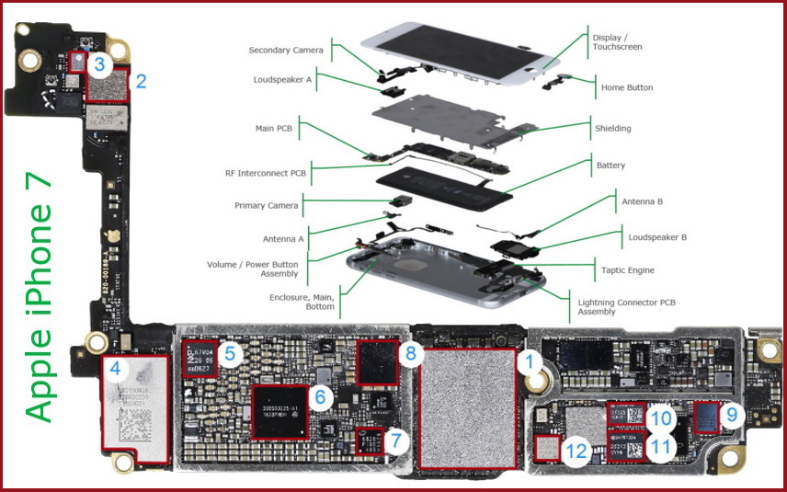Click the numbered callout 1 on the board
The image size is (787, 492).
tap(529, 361)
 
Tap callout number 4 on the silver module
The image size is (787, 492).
tap(115, 370)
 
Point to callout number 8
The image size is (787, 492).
tap(410, 351)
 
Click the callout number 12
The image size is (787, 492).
tap(576, 451)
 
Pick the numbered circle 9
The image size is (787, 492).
tap(731, 415)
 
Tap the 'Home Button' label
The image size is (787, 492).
tap(627, 87)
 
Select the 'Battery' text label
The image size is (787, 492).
tap(610, 166)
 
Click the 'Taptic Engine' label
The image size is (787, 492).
tap(629, 270)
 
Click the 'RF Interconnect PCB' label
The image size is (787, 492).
tap(266, 172)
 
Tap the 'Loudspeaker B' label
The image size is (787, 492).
tap(657, 236)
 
